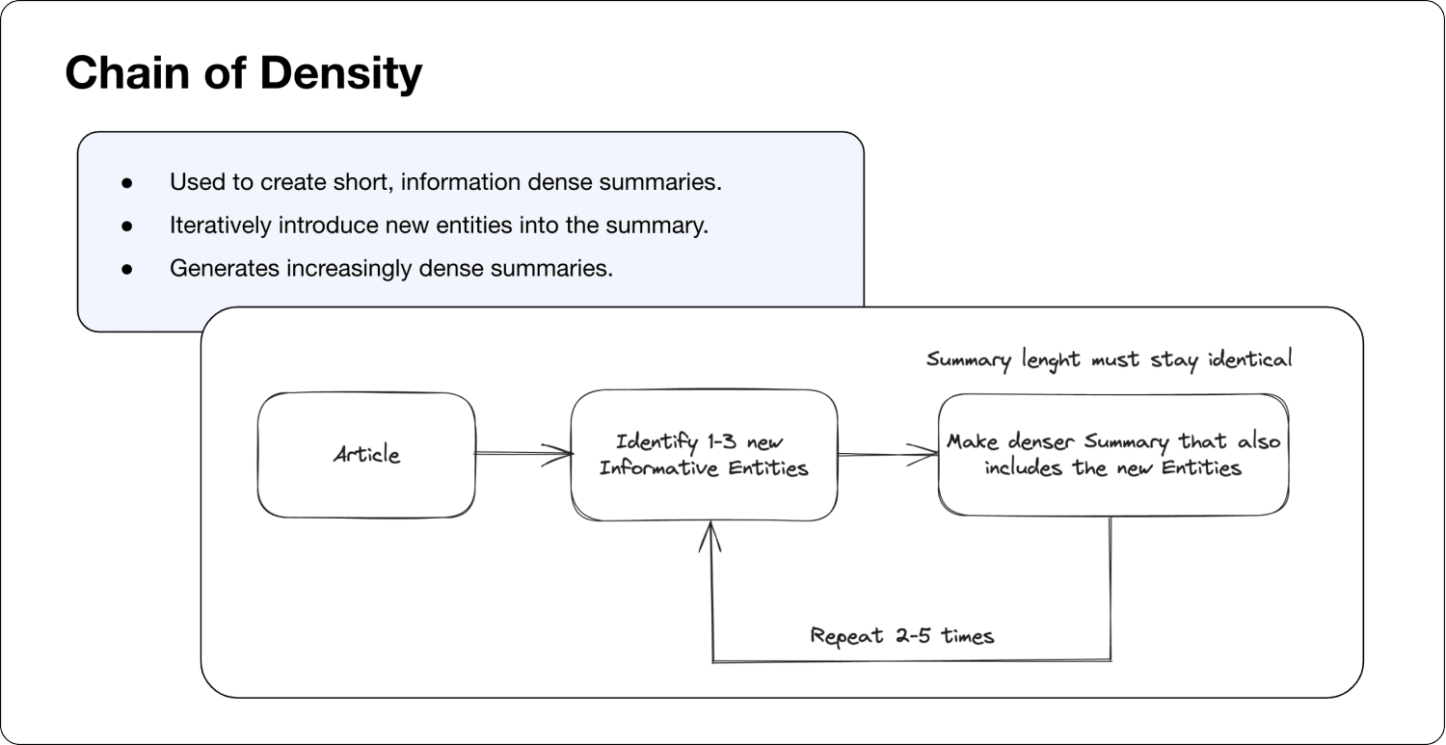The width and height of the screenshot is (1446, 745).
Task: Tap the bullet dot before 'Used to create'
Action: (x=126, y=182)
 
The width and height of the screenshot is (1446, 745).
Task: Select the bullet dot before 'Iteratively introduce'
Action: (x=126, y=226)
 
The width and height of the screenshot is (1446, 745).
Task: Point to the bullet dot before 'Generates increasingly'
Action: (x=126, y=269)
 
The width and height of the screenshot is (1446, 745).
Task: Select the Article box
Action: (x=366, y=454)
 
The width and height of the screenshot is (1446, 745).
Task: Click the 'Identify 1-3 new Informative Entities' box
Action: (x=704, y=455)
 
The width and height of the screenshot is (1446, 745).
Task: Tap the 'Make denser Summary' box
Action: (x=1113, y=454)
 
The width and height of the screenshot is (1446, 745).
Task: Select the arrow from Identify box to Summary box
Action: (x=887, y=455)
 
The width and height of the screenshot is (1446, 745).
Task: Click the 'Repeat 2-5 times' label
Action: (x=901, y=636)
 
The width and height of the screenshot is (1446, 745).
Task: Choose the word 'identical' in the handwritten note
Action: (x=1248, y=359)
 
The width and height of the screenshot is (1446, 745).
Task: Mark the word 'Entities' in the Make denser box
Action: (x=1200, y=468)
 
